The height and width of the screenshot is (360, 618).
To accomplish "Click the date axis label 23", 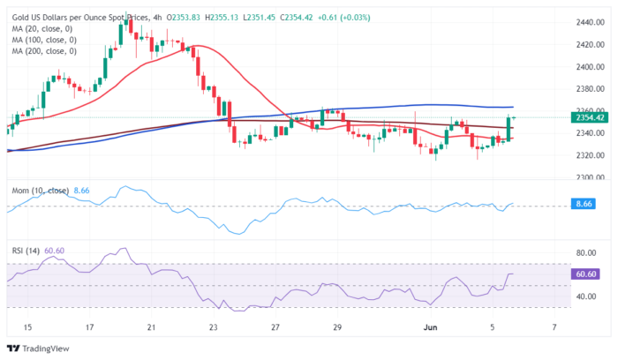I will [213, 327].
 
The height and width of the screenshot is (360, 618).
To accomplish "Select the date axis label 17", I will [89, 327].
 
